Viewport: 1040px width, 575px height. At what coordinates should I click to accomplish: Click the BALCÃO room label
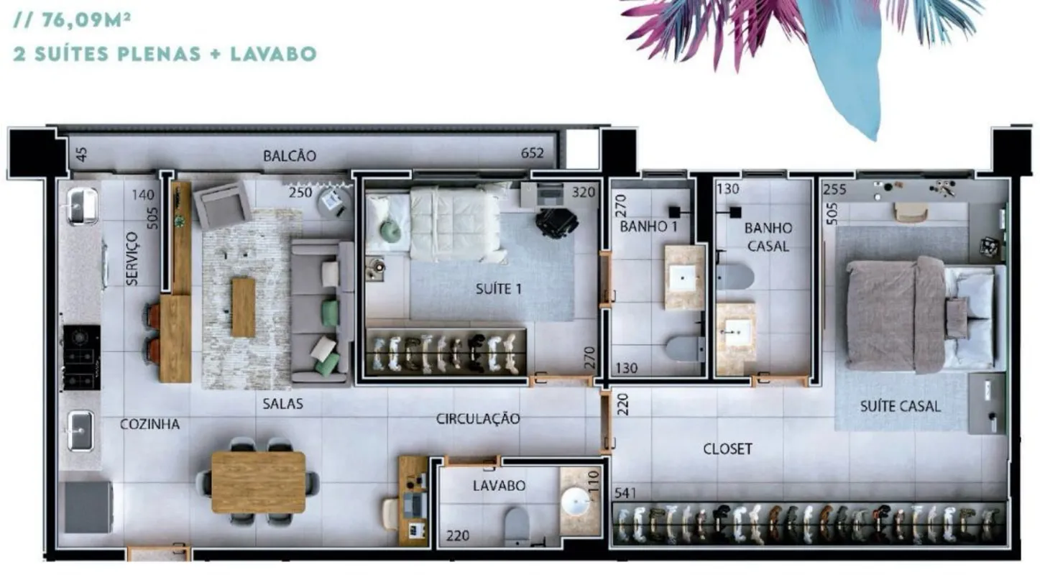290,155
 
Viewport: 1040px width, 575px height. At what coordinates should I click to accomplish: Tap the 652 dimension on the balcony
532,153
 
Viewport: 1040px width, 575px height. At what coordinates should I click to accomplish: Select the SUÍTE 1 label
499,289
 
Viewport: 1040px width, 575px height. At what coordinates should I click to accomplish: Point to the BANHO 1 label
648,226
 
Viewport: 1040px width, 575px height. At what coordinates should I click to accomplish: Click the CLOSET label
727,448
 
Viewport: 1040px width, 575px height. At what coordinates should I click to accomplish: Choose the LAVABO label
499,486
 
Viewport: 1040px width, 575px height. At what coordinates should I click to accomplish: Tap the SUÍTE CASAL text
901,406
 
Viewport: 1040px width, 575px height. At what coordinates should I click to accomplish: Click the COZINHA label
149,424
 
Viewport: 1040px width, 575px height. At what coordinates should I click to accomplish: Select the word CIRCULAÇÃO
478,418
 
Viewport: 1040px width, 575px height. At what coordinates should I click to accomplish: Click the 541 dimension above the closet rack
625,493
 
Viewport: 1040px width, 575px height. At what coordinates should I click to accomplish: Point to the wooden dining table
259,482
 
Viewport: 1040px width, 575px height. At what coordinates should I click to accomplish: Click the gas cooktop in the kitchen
82,358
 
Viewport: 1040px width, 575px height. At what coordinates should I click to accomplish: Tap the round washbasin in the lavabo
576,501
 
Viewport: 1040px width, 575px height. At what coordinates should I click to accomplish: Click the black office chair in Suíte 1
556,223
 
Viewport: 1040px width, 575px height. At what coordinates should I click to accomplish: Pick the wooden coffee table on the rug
243,307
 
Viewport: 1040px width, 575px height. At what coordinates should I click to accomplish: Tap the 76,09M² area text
87,21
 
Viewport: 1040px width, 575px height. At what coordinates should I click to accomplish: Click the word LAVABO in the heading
273,54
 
